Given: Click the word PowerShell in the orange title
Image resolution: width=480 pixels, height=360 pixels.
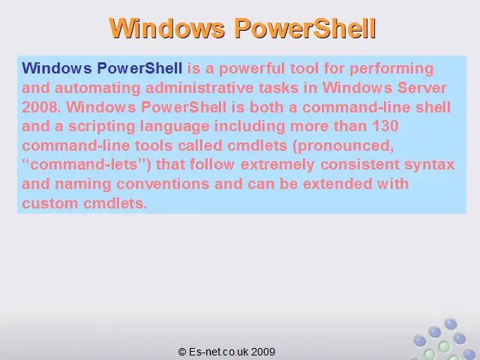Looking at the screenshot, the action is (305, 28).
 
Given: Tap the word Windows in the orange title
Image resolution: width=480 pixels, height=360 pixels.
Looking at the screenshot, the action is (166, 28).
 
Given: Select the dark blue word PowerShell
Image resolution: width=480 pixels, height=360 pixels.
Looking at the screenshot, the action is (139, 68).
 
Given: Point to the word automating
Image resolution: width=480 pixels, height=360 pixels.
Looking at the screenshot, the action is (97, 88).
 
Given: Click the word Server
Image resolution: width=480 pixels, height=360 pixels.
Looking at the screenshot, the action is (422, 88).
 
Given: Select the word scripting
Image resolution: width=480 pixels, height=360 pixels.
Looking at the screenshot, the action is (102, 127).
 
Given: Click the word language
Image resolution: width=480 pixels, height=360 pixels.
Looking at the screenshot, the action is (175, 127).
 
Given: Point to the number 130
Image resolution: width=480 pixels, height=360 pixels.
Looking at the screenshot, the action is (385, 126).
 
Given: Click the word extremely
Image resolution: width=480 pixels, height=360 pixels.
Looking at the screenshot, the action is (277, 165).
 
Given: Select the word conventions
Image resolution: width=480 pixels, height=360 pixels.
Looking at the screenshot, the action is (163, 184).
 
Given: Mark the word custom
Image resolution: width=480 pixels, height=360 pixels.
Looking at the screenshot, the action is (50, 203).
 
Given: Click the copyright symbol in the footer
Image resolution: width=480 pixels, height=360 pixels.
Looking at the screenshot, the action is (181, 352).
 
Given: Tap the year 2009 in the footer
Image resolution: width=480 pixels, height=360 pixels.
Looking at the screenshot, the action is (263, 352).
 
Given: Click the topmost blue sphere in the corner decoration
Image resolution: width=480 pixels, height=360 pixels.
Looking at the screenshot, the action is (451, 325).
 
